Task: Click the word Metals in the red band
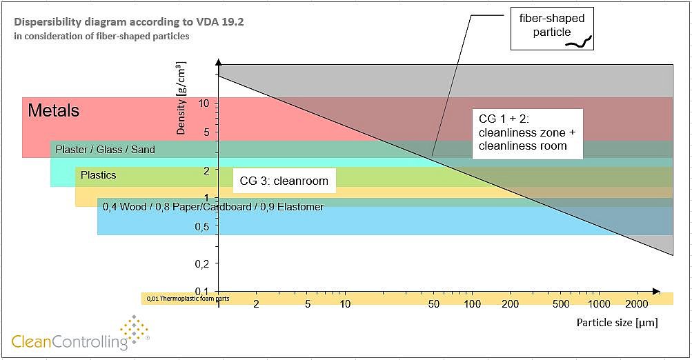[53, 110]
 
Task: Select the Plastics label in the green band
[98, 175]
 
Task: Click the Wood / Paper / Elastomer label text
[212, 206]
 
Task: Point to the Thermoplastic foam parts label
[187, 299]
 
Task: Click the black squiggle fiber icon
[579, 43]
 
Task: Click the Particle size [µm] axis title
[617, 322]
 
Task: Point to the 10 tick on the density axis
[204, 103]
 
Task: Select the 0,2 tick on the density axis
[201, 263]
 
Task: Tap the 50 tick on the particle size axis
[434, 304]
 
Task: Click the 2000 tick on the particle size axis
[637, 304]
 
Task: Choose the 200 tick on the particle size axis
[510, 304]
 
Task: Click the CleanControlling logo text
[70, 340]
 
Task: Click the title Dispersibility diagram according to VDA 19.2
[128, 22]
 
